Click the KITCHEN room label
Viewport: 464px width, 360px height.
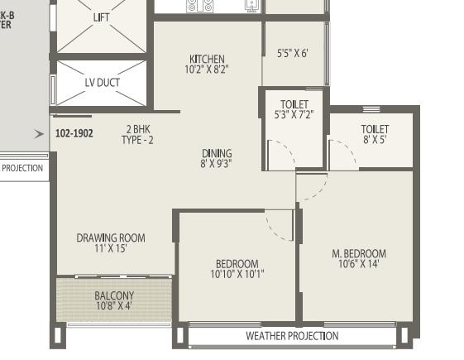[x=207, y=59]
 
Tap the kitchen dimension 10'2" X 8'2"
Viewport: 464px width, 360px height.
[x=207, y=70]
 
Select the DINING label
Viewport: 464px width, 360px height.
[x=217, y=153]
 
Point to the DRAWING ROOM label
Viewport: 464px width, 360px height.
[x=111, y=238]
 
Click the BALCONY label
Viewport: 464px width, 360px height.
[x=114, y=295]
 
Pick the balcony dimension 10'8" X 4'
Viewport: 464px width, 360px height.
[x=114, y=305]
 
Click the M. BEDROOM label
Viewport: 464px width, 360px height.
[x=359, y=253]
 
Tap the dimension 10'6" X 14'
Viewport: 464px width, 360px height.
[x=359, y=264]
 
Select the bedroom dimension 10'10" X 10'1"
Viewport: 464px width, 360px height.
[x=237, y=274]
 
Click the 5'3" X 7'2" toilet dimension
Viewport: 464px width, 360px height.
[x=294, y=114]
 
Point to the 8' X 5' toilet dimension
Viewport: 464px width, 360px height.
[x=375, y=139]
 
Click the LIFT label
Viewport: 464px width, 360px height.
[x=102, y=17]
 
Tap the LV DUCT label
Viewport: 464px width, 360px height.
[x=103, y=82]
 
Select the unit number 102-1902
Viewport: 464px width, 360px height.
[x=74, y=133]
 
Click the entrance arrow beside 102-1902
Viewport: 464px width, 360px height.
[x=39, y=134]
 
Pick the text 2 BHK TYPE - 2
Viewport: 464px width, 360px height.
[x=137, y=134]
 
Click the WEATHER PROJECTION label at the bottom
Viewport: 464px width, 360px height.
[x=292, y=336]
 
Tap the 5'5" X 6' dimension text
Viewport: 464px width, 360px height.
[x=292, y=53]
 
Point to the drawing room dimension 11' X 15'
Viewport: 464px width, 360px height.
[x=111, y=248]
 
